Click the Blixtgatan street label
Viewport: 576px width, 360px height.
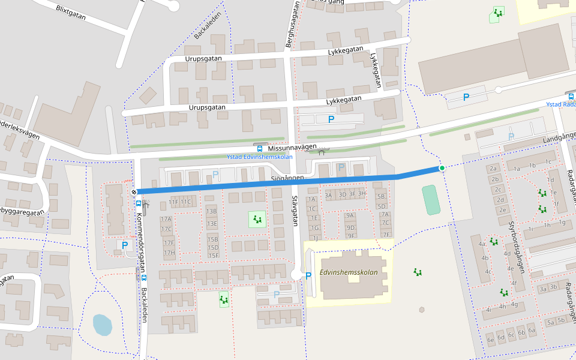[x=70, y=13]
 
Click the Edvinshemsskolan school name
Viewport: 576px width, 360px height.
[x=349, y=272]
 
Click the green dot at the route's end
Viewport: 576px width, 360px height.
[x=442, y=168]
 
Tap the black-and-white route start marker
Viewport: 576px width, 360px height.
[x=134, y=192]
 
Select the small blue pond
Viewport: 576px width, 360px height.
[x=102, y=325]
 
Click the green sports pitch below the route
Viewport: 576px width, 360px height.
[x=430, y=200]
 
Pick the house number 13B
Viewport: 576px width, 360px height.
[x=211, y=211]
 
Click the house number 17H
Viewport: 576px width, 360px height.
[x=169, y=253]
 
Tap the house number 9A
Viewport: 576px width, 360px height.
[x=351, y=215]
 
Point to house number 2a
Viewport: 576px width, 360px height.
[x=494, y=169]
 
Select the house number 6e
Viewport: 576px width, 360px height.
[x=491, y=340]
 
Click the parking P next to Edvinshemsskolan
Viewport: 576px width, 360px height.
[x=308, y=276]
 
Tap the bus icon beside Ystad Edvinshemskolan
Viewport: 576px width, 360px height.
[x=259, y=148]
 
